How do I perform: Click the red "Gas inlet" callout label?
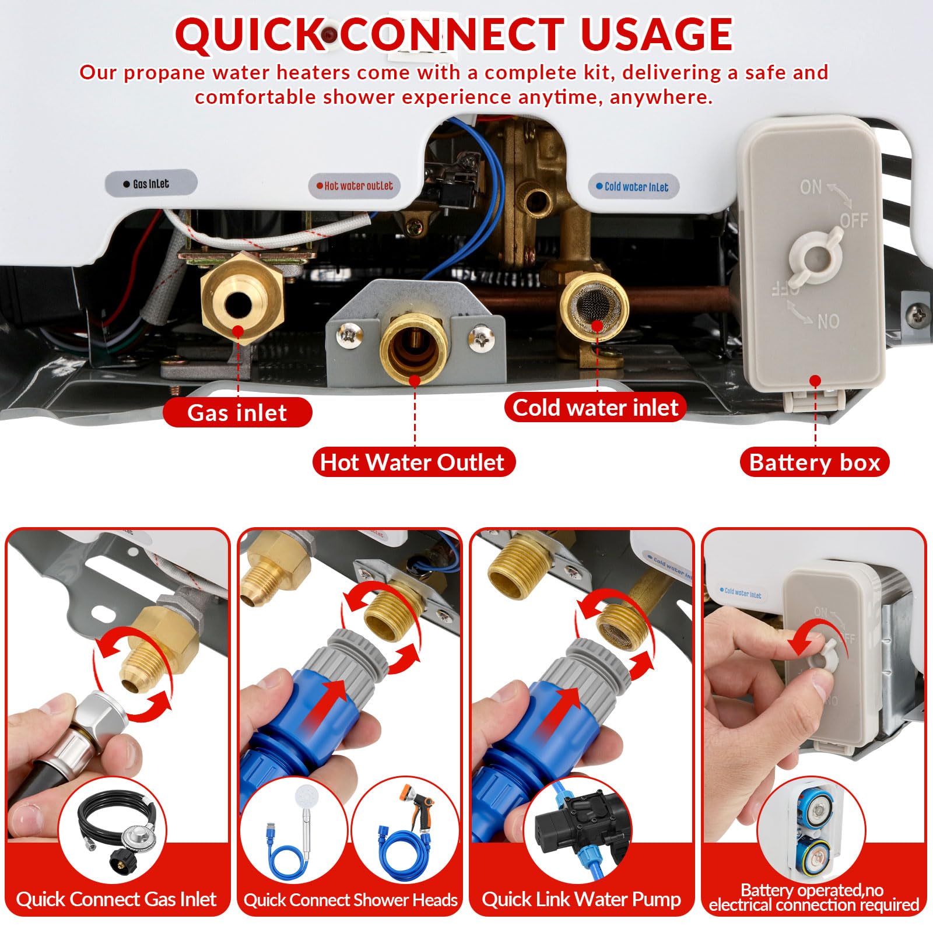[237, 412]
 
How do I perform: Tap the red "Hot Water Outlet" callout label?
[413, 462]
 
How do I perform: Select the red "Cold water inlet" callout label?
[595, 407]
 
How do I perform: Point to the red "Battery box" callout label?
[815, 462]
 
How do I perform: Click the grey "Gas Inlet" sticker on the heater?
[151, 184]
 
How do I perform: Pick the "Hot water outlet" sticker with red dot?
[355, 185]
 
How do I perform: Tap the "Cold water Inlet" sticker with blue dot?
[633, 187]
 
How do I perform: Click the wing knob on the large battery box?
[816, 255]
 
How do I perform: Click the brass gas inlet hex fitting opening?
[238, 304]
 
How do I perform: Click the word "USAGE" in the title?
[657, 34]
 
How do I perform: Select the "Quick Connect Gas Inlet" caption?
[117, 899]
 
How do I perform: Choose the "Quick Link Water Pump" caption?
[581, 899]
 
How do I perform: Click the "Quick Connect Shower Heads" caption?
[350, 899]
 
